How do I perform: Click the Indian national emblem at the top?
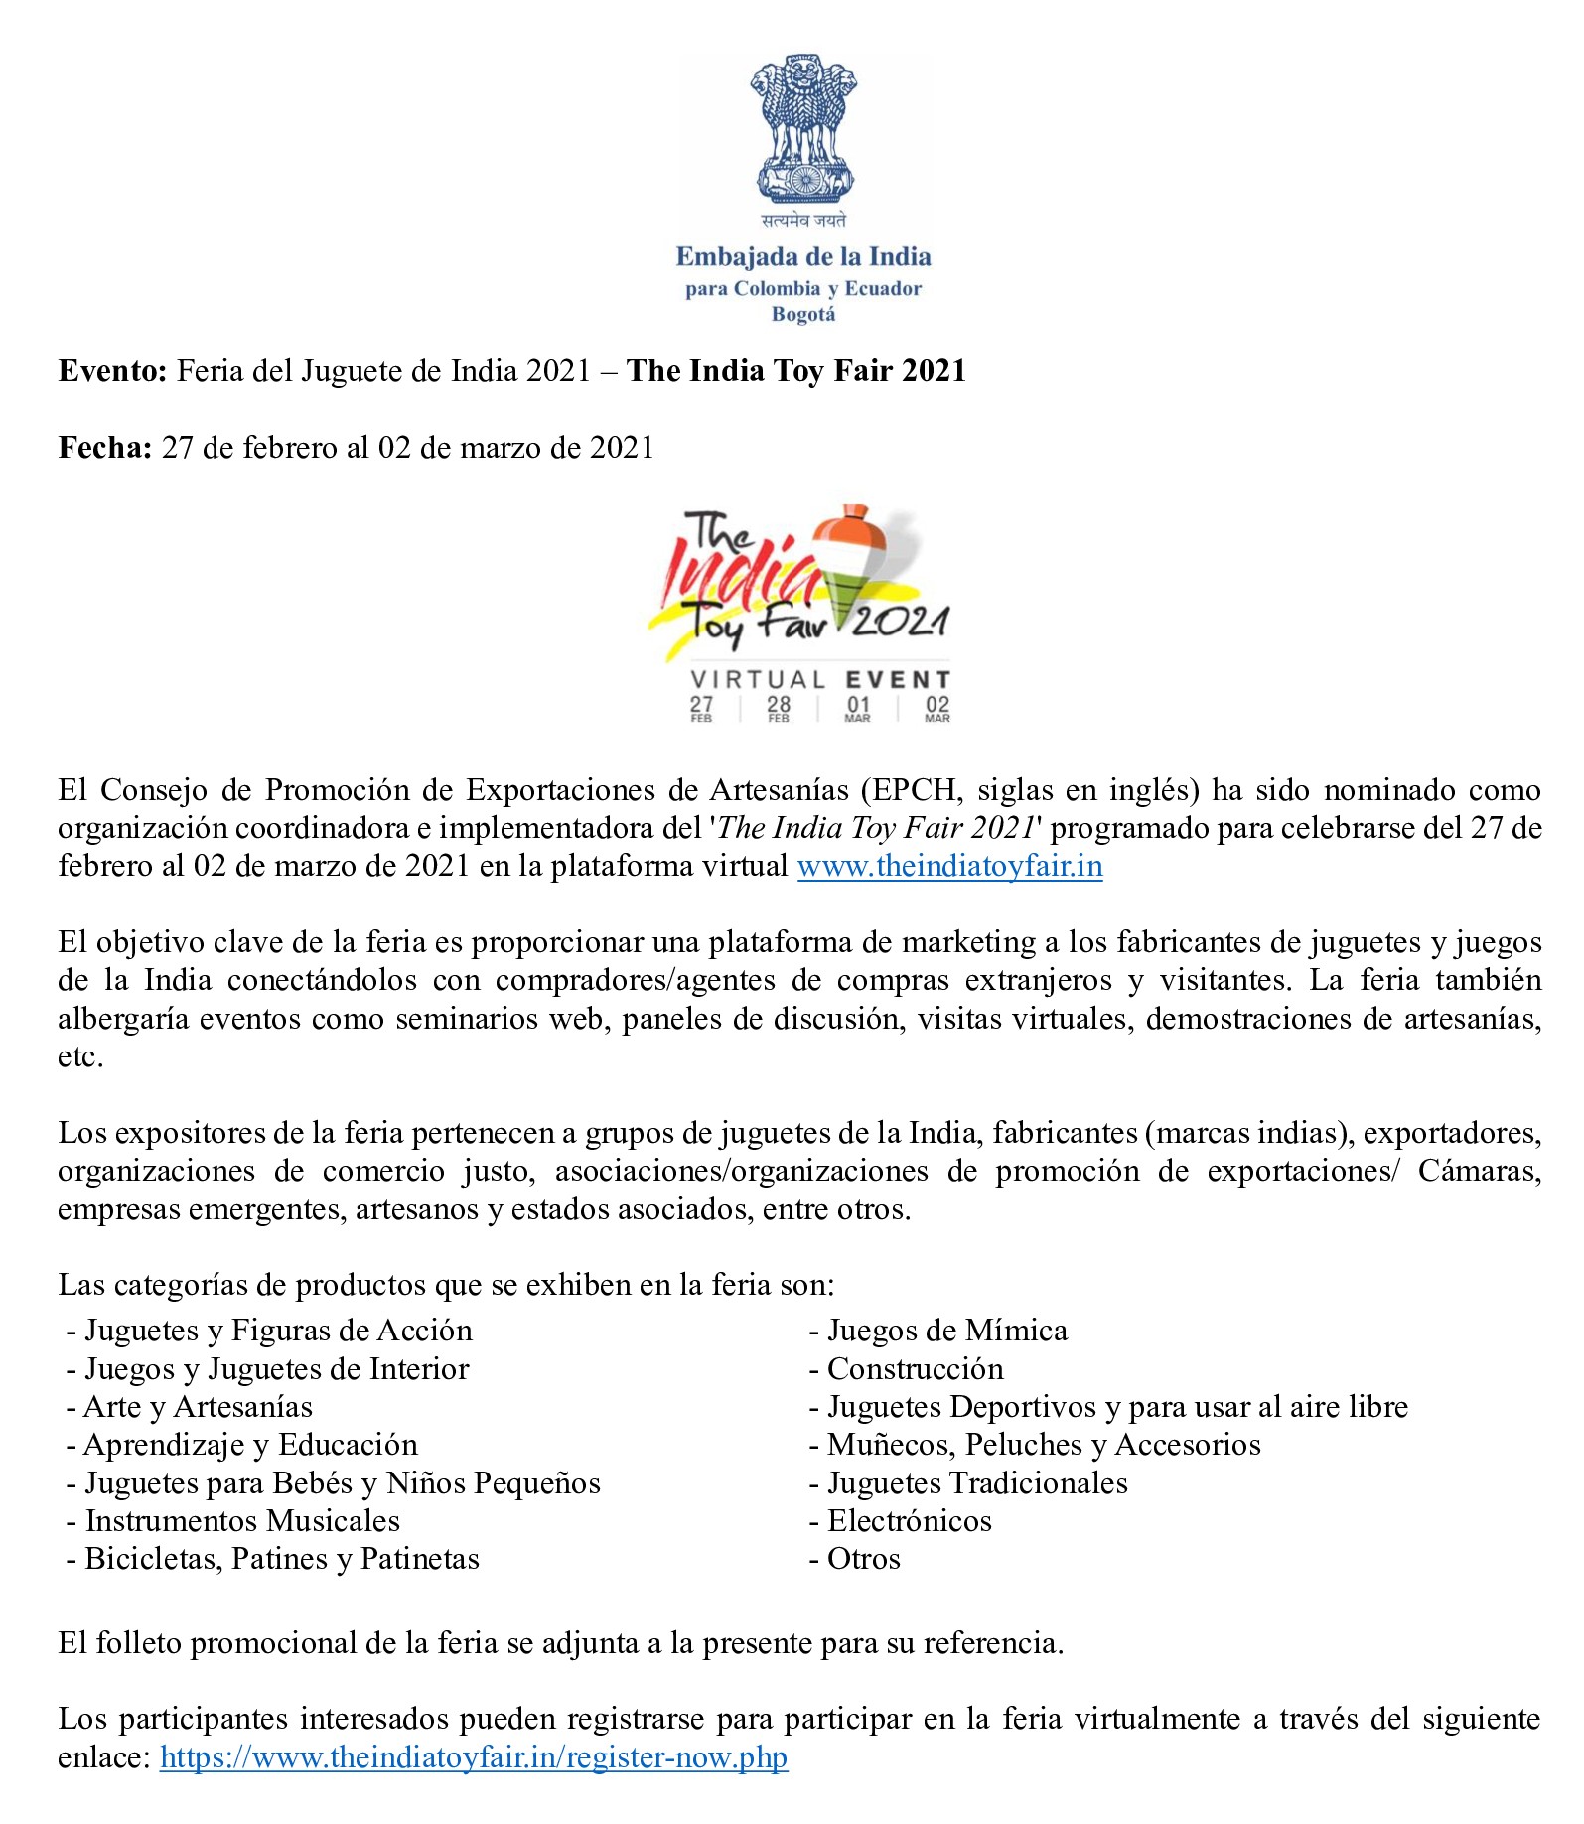(x=803, y=129)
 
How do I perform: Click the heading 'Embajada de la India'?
(x=803, y=257)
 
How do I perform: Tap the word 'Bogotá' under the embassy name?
(x=803, y=315)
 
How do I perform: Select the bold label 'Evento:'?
(x=113, y=371)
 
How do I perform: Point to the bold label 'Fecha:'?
(x=105, y=448)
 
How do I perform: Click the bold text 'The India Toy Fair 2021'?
(x=795, y=371)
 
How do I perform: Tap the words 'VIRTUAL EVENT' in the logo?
(x=820, y=680)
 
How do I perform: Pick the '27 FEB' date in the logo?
(x=701, y=708)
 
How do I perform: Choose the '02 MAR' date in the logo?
(x=936, y=708)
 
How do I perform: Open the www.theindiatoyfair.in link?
(x=949, y=866)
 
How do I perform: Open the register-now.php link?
(x=474, y=1757)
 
